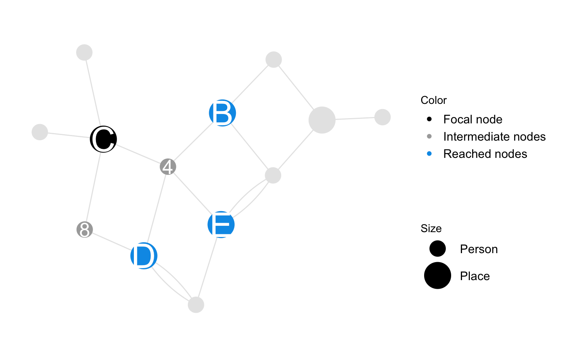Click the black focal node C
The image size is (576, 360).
pyautogui.click(x=103, y=139)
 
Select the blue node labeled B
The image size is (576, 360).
pyautogui.click(x=222, y=113)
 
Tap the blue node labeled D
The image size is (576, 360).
pyautogui.click(x=144, y=256)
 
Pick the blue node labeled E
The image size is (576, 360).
pyautogui.click(x=221, y=225)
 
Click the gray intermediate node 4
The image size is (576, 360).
pyautogui.click(x=168, y=167)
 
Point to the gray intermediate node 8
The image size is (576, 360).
pyautogui.click(x=85, y=229)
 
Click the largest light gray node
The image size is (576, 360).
pyautogui.click(x=322, y=120)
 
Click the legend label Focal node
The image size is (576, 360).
pyautogui.click(x=472, y=119)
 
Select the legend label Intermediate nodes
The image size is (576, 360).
pyautogui.click(x=494, y=136)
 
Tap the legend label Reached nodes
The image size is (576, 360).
pyautogui.click(x=485, y=154)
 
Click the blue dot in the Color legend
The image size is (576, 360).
pyautogui.click(x=429, y=154)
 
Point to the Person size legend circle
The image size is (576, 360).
pyautogui.click(x=437, y=249)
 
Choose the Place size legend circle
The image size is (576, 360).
pyautogui.click(x=437, y=276)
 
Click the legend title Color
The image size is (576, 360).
pyautogui.click(x=433, y=100)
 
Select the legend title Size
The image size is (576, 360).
pyautogui.click(x=431, y=228)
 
